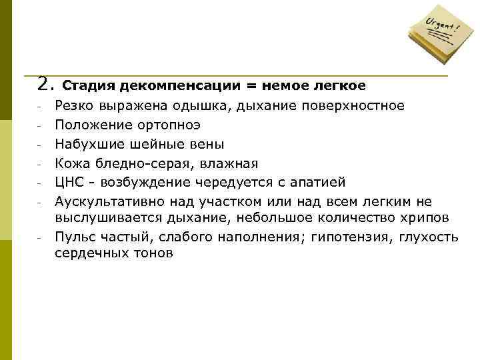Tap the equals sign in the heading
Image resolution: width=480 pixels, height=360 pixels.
253,86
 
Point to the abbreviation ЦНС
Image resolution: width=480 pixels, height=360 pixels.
69,183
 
